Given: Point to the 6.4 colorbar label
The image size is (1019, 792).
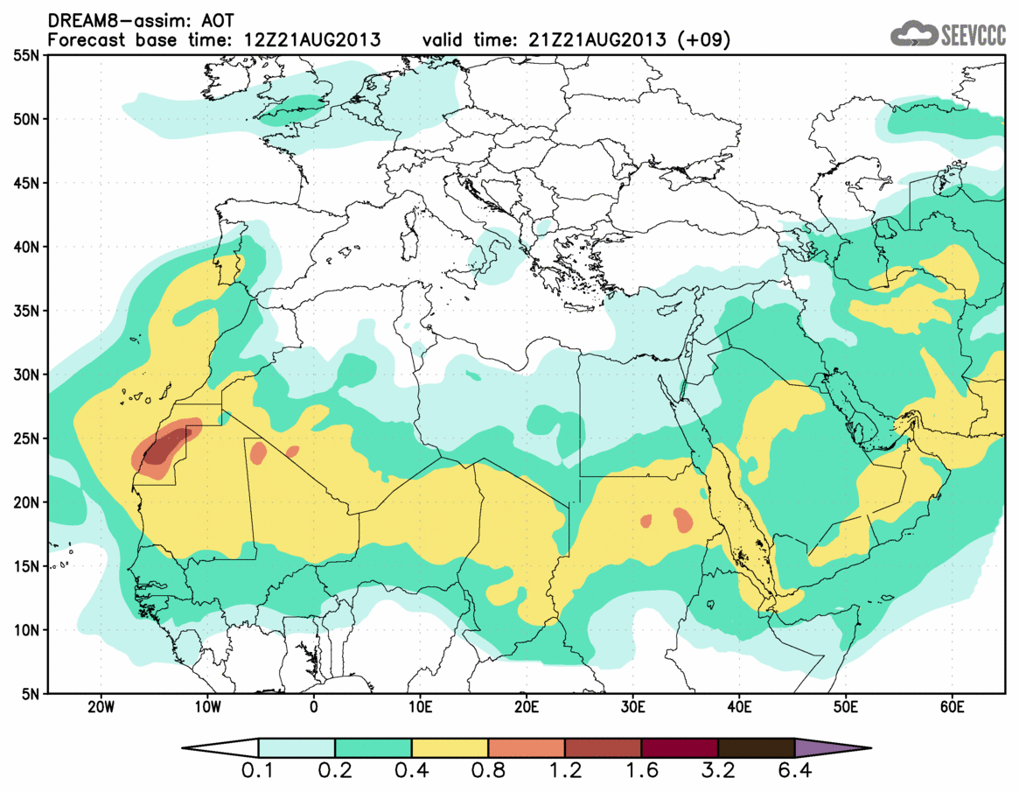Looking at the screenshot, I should tap(794, 772).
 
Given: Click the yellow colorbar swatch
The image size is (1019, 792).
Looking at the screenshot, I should tap(450, 748).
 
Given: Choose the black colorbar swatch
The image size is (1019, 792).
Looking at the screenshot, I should tap(756, 748).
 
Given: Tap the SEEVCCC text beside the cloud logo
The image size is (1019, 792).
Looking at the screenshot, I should tap(972, 35).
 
